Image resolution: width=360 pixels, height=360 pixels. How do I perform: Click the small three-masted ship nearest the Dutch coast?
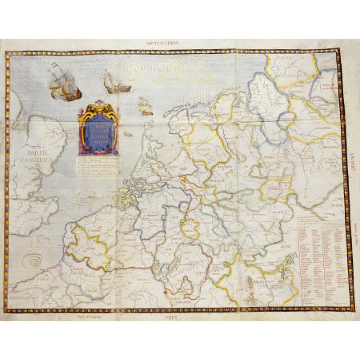(x=144, y=107)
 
